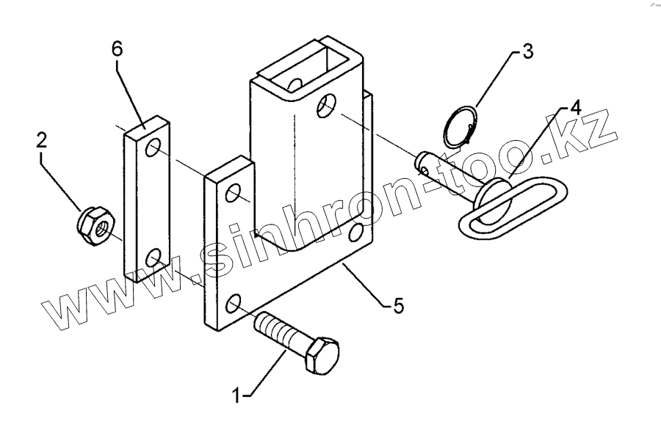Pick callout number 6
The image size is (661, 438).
tap(117, 49)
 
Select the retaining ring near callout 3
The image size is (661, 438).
tap(460, 126)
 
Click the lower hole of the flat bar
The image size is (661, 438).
tap(153, 257)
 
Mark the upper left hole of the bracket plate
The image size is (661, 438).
tap(234, 194)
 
